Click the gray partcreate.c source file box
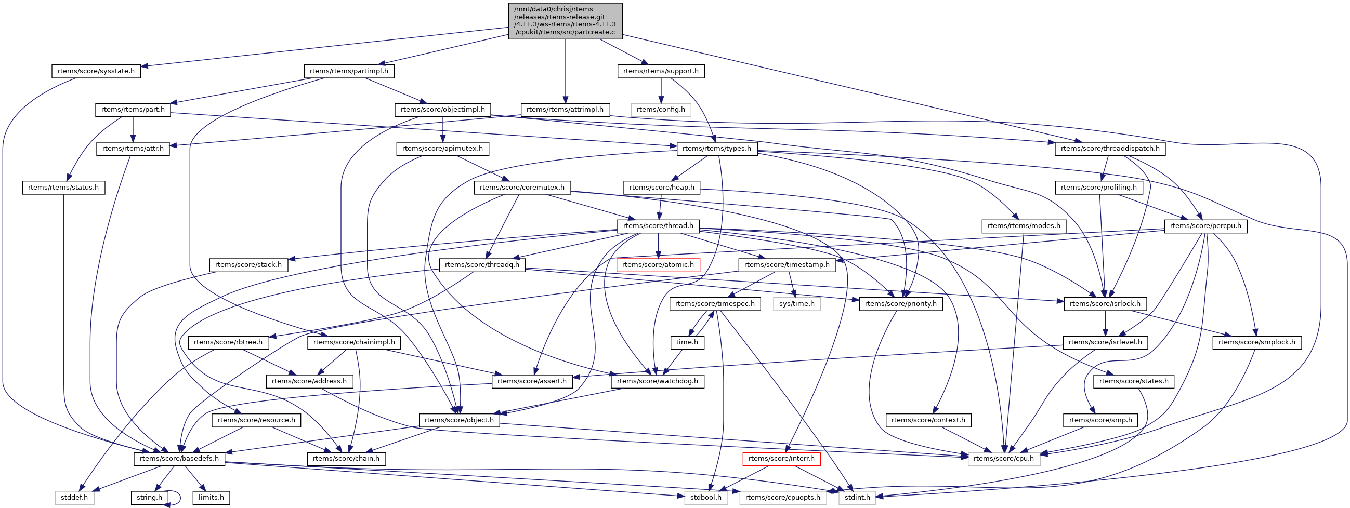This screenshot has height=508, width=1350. point(566,21)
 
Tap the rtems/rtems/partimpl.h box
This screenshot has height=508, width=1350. point(349,71)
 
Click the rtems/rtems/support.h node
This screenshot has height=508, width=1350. point(661,71)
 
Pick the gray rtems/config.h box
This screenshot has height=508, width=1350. point(661,110)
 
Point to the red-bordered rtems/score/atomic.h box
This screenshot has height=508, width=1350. point(658,265)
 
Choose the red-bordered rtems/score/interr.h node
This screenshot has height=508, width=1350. point(781,459)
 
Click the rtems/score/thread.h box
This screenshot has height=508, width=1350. point(658,226)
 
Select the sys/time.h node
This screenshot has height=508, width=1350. point(796,304)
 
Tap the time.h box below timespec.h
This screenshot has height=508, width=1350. point(687,342)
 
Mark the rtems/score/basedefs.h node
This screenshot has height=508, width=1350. point(180,459)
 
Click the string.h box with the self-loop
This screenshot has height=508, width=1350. point(149,498)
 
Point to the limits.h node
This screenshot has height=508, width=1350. point(211,498)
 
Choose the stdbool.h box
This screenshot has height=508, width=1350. point(706,498)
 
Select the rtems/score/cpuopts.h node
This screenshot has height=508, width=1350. point(782,498)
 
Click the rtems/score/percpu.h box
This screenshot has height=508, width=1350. point(1205,226)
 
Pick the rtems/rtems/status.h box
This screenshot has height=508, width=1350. point(63,188)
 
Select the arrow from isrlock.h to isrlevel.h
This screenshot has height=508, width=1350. point(1105,323)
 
